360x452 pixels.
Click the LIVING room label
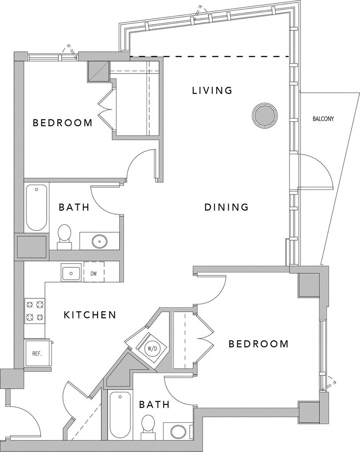click(x=212, y=90)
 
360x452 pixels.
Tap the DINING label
click(x=227, y=207)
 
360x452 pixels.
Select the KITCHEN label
click(x=90, y=315)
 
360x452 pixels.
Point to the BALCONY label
click(x=323, y=119)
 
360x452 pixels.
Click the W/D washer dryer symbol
click(x=153, y=348)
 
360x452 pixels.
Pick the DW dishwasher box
click(x=94, y=274)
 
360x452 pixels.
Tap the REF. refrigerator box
click(x=37, y=354)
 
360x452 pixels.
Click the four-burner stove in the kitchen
click(x=35, y=311)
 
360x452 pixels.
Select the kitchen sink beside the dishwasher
click(x=71, y=273)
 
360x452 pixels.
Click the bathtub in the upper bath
click(x=36, y=207)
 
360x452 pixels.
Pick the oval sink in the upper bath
click(x=99, y=241)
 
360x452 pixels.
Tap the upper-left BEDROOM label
click(x=63, y=123)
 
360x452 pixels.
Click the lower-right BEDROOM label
click(x=259, y=343)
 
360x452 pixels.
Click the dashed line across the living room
click(x=210, y=56)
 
